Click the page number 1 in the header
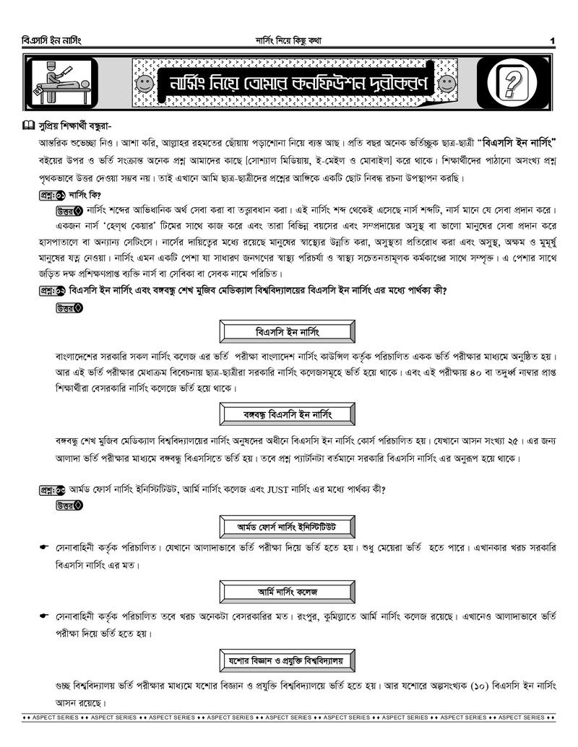pyautogui.click(x=552, y=40)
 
